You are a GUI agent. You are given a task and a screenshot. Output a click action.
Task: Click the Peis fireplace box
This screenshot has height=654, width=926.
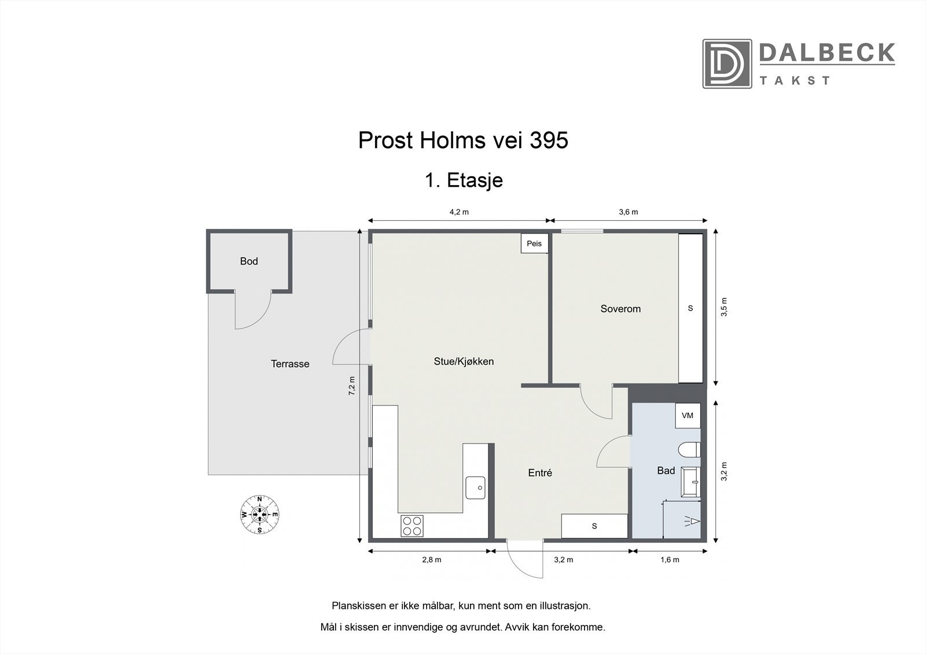pyautogui.click(x=534, y=243)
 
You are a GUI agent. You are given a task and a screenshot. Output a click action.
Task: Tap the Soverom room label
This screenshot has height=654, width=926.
pyautogui.click(x=620, y=309)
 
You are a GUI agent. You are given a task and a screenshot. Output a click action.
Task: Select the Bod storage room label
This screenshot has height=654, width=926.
pyautogui.click(x=249, y=261)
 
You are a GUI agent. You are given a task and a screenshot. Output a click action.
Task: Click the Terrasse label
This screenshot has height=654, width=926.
pyautogui.click(x=290, y=364)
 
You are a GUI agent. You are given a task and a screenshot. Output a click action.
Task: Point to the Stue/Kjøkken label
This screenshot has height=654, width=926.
pyautogui.click(x=464, y=361)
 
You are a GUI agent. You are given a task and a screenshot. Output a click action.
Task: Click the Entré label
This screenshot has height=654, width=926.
pyautogui.click(x=540, y=472)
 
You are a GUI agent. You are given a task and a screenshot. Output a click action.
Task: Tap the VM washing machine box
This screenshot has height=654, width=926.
pyautogui.click(x=688, y=415)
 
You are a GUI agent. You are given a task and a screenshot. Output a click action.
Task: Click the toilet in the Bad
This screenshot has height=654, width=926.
pyautogui.click(x=690, y=450)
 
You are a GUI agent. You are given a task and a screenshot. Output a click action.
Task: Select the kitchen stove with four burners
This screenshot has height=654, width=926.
pyautogui.click(x=412, y=526)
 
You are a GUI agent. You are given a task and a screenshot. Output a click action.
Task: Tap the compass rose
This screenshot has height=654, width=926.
pyautogui.click(x=260, y=515)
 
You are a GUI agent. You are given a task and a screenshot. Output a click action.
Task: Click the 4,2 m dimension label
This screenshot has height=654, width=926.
pyautogui.click(x=459, y=212)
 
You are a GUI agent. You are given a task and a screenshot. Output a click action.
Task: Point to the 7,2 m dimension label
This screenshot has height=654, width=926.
pyautogui.click(x=351, y=386)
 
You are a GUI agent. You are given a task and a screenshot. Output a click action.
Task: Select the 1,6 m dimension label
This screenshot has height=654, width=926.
pyautogui.click(x=670, y=559)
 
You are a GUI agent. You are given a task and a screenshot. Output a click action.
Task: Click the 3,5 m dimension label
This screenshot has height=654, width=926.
pyautogui.click(x=724, y=306)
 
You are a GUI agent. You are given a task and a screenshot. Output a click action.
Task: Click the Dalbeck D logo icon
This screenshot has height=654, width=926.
pyautogui.click(x=727, y=64)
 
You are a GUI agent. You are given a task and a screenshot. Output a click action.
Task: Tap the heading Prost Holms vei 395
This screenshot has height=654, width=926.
pyautogui.click(x=463, y=141)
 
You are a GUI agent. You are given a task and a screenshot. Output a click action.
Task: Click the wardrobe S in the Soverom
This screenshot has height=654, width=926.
pyautogui.click(x=690, y=308)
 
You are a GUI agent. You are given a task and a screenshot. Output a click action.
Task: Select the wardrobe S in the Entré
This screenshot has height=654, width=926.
pyautogui.click(x=594, y=526)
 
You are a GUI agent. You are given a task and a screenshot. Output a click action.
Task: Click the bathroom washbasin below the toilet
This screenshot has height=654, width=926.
pyautogui.click(x=691, y=482)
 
